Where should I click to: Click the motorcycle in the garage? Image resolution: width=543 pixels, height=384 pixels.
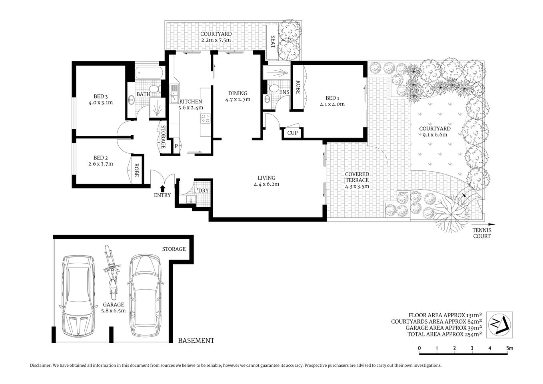point(112,274)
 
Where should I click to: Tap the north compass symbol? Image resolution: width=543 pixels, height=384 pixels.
point(499,325)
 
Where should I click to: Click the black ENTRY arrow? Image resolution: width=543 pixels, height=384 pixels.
point(162,188)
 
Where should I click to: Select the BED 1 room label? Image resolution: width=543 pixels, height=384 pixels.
point(332,98)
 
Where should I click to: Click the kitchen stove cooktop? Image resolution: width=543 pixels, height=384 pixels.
point(206,118)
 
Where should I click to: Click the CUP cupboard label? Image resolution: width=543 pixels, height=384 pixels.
point(293,133)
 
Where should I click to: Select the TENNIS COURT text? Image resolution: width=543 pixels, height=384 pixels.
point(481,233)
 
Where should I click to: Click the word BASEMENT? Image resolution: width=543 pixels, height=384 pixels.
point(196,341)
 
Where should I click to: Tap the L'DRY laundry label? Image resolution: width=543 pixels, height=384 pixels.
point(201,190)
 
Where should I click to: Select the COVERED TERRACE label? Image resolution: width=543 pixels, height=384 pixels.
point(357,177)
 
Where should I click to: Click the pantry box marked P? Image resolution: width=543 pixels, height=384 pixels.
point(176,146)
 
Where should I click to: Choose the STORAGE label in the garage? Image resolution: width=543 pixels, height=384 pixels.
point(174,249)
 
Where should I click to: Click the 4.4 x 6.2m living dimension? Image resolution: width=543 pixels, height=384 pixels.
point(266,184)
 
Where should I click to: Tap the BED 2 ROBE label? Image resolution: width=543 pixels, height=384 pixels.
point(136,170)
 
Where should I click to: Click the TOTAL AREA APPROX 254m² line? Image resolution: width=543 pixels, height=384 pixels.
point(444,334)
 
